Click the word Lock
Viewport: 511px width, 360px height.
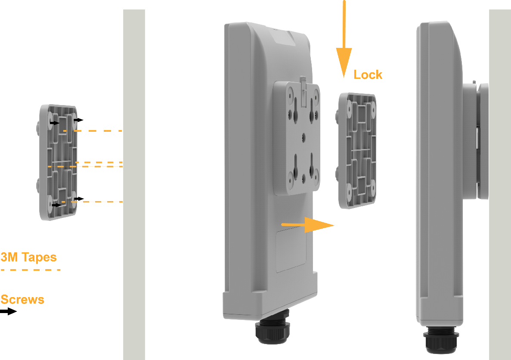tap(368, 74)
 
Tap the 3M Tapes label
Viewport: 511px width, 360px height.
tap(28, 258)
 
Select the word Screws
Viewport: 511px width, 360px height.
tap(22, 299)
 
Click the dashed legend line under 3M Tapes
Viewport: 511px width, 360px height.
tap(31, 270)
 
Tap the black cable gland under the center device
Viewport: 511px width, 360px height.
tap(273, 332)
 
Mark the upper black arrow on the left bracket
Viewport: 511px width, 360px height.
tap(54, 123)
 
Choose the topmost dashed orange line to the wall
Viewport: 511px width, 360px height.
tap(93, 130)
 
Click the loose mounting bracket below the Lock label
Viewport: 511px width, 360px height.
tap(357, 151)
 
